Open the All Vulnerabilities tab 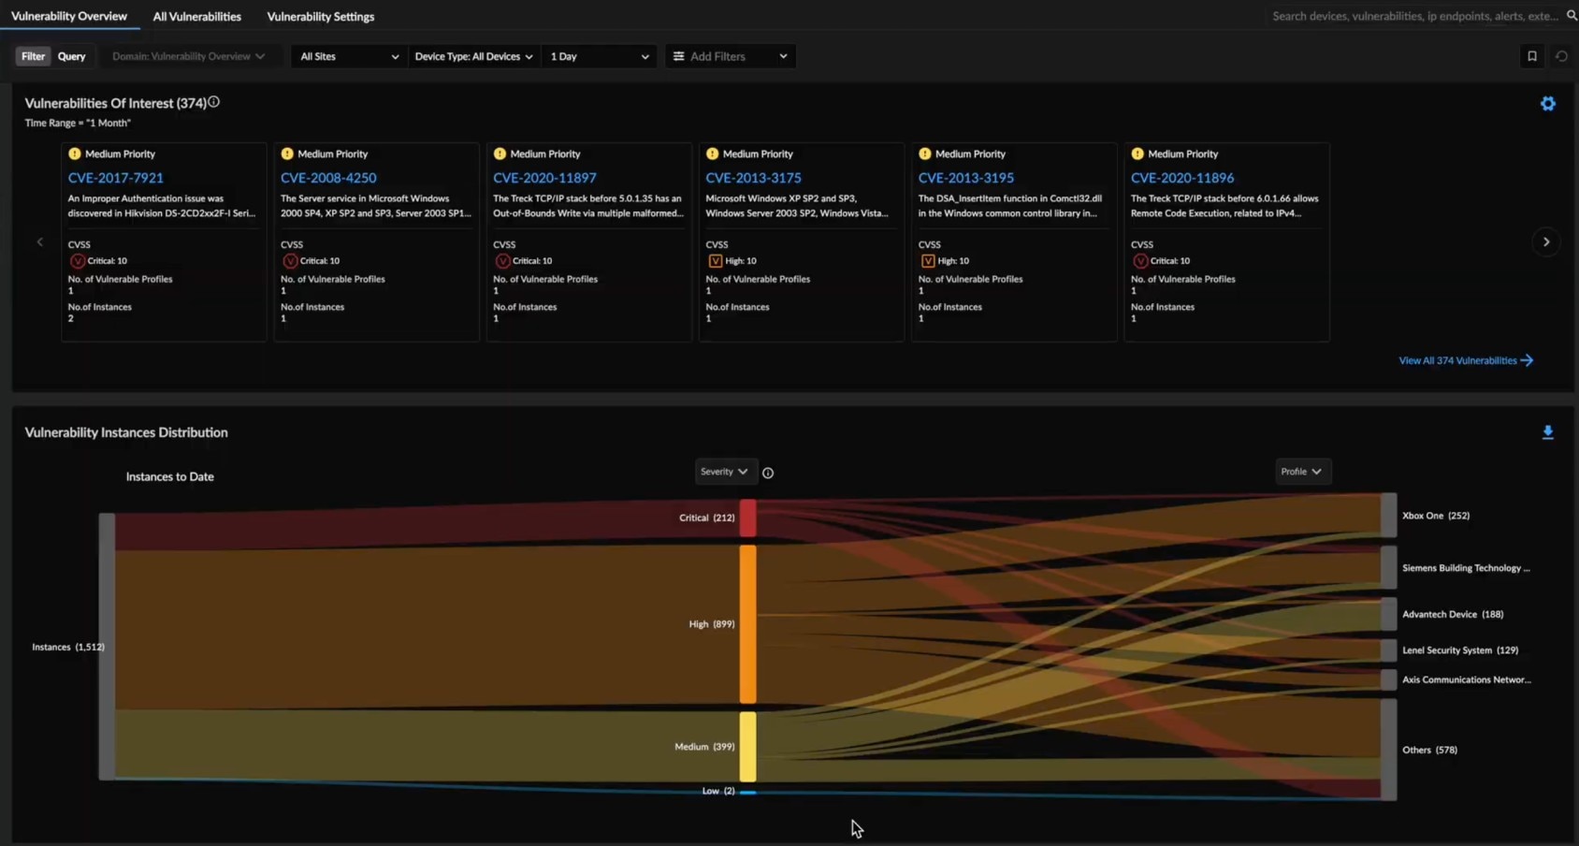(x=196, y=17)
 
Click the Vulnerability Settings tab (x=320, y=17)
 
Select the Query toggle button (x=71, y=56)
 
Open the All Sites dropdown (x=348, y=56)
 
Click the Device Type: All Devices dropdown (x=473, y=56)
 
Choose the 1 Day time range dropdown (x=599, y=56)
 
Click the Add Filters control (x=730, y=56)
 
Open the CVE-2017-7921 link (x=115, y=178)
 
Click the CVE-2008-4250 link (x=328, y=178)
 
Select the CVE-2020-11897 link (x=544, y=178)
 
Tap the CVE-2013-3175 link (x=753, y=178)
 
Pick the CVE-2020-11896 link (x=1181, y=178)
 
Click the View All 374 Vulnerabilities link (x=1465, y=360)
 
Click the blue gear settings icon (x=1547, y=104)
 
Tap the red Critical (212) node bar (x=747, y=518)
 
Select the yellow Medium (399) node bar (x=747, y=746)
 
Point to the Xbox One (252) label (x=1435, y=516)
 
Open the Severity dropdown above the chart (x=724, y=472)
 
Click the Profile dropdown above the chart (x=1301, y=472)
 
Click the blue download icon (x=1547, y=432)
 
